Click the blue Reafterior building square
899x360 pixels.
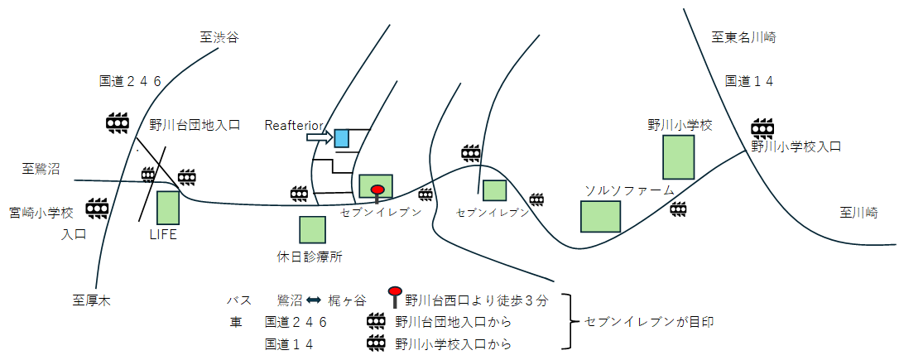(342, 137)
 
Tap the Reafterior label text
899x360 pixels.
(294, 125)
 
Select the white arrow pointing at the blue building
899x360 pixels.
(319, 137)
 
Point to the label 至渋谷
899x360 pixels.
(219, 37)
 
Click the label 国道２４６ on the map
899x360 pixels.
(130, 81)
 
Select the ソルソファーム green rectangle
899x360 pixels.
(600, 215)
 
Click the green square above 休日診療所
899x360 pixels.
(312, 229)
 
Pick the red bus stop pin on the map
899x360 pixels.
(377, 192)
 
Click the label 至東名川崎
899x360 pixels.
(744, 37)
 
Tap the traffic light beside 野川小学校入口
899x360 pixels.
(762, 127)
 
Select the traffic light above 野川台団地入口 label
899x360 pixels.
(118, 122)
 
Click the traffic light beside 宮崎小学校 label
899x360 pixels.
(98, 205)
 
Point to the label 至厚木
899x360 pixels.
(91, 300)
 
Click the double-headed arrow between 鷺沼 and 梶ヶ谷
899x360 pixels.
(314, 300)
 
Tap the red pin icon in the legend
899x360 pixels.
(395, 295)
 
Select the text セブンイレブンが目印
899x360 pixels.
(648, 321)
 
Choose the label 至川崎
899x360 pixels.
(858, 213)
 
